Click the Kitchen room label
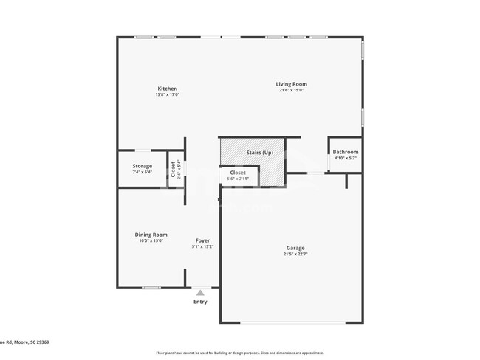167,89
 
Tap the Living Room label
292,84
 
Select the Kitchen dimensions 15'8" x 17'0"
167,95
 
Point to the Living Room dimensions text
292,91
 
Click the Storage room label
143,166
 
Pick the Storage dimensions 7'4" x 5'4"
143,173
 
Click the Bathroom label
345,152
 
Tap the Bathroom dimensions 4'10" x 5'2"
345,158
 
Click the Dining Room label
151,235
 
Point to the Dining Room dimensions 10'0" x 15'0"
151,241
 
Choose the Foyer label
202,240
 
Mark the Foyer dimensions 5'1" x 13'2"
202,247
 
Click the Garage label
295,248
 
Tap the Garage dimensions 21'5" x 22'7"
295,255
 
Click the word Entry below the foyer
200,302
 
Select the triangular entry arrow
200,293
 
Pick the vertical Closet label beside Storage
173,170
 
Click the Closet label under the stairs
238,173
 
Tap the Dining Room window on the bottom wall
151,288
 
